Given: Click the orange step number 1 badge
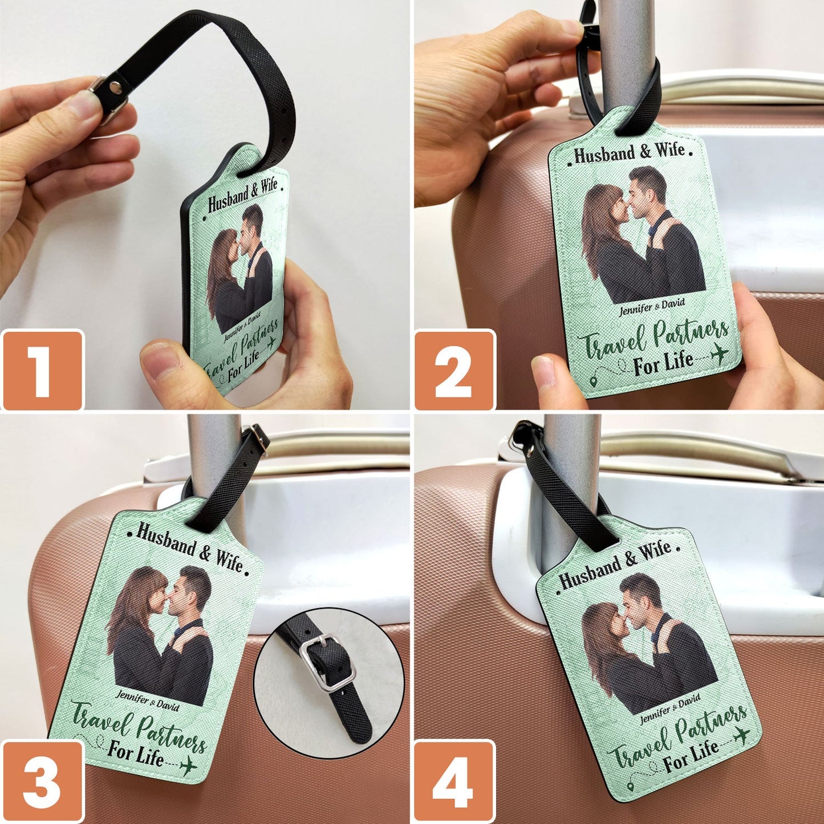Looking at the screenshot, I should pyautogui.click(x=42, y=370).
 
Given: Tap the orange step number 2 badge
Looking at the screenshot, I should pyautogui.click(x=454, y=370).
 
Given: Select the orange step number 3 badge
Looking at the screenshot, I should pyautogui.click(x=42, y=781).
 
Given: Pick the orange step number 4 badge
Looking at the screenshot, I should pyautogui.click(x=454, y=781).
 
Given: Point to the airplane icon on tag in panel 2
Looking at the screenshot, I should pyautogui.click(x=720, y=353).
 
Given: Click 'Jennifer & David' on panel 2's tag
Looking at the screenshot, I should pyautogui.click(x=652, y=307).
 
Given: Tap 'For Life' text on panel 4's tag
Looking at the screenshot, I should pyautogui.click(x=691, y=754).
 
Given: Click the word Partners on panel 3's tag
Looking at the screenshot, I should pyautogui.click(x=171, y=734).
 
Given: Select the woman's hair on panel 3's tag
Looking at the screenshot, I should pyautogui.click(x=128, y=604).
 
